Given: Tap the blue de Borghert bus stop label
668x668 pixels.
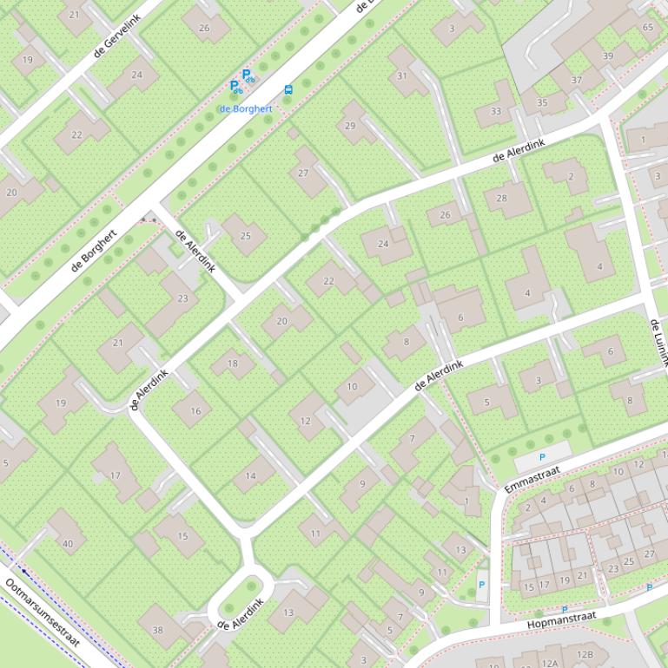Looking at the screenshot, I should pyautogui.click(x=246, y=108).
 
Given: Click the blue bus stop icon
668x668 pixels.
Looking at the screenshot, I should pyautogui.click(x=288, y=89).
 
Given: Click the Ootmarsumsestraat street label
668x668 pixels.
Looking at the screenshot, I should pyautogui.click(x=43, y=614).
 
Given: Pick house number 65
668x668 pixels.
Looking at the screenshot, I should pyautogui.click(x=648, y=27).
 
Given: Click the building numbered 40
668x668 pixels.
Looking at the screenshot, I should pyautogui.click(x=68, y=544).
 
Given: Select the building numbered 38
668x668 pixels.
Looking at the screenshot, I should pyautogui.click(x=157, y=631).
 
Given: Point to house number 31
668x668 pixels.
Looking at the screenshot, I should pyautogui.click(x=401, y=75).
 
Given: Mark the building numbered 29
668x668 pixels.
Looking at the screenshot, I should pyautogui.click(x=350, y=126).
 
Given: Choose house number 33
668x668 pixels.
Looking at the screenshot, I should pyautogui.click(x=495, y=111).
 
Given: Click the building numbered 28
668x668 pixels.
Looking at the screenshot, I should pyautogui.click(x=501, y=198).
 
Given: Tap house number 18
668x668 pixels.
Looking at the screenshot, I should pyautogui.click(x=232, y=363).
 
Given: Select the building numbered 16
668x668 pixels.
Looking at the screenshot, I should pyautogui.click(x=195, y=411).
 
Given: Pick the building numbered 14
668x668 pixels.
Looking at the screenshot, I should pyautogui.click(x=251, y=475).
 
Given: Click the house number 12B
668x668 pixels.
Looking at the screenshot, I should pyautogui.click(x=585, y=654).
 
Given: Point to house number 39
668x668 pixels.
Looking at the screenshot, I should pyautogui.click(x=608, y=56).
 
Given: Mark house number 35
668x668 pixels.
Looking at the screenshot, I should pyautogui.click(x=542, y=102).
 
